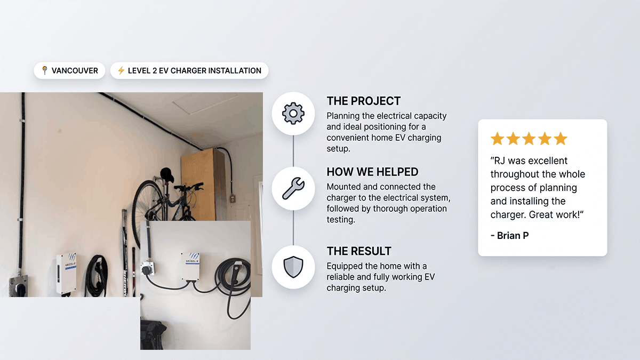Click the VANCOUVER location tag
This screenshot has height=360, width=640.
pos(69,70)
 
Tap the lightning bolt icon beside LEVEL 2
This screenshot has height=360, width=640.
pos(121,70)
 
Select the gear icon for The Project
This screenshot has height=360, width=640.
pos(293,114)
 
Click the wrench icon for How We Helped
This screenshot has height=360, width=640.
pos(293,188)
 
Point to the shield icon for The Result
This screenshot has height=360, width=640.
pos(293,267)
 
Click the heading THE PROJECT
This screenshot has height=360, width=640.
pos(363,101)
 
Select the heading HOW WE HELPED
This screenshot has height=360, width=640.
pos(372,172)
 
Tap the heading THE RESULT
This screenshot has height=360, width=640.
pos(359,251)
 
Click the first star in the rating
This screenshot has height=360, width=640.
pos(498,139)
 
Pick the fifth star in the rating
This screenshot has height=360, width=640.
pos(561,139)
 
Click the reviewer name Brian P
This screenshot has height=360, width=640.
pos(513,235)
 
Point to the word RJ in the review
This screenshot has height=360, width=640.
pos(499,161)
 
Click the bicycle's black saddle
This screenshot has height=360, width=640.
pos(167,174)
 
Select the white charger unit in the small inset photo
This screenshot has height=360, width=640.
pos(190,266)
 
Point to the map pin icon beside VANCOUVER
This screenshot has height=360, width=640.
pos(45,70)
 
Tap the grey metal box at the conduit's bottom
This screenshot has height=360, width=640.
pos(19,286)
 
